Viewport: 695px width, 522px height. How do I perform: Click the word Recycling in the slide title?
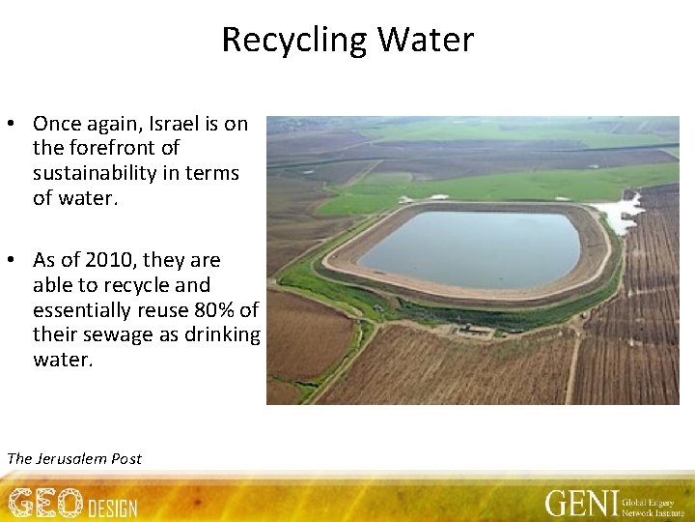tap(295, 41)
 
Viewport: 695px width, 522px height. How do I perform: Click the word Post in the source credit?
tap(126, 458)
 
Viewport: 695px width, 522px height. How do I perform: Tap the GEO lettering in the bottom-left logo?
tap(45, 503)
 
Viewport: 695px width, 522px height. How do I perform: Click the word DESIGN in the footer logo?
tap(113, 507)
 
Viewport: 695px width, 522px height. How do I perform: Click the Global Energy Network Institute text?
tap(650, 503)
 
